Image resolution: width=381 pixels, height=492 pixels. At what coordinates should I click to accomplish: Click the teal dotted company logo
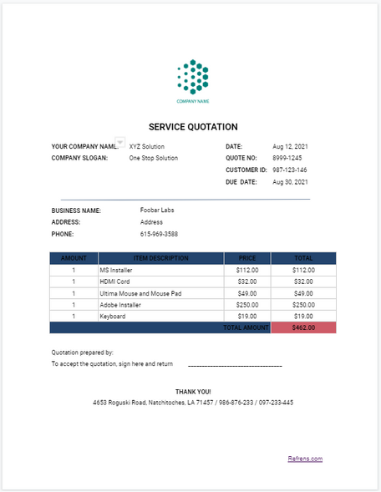[193, 77]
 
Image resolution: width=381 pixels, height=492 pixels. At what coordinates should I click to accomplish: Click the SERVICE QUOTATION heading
[193, 127]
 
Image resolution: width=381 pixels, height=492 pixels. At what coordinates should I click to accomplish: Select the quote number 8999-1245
[287, 158]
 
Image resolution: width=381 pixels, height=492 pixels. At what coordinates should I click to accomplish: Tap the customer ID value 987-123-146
[290, 170]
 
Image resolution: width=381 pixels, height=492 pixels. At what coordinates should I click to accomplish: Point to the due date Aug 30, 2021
[290, 182]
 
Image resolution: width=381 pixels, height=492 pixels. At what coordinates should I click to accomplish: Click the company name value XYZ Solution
[147, 146]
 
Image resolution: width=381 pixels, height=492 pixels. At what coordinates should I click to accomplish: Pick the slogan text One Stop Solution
[154, 158]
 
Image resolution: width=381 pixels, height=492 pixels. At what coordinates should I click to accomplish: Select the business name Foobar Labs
[157, 210]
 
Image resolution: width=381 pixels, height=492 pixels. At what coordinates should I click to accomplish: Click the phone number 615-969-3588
[159, 235]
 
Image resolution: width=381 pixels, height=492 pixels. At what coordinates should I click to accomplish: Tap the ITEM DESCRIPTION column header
[160, 258]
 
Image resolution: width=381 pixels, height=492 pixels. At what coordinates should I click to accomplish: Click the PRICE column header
[247, 258]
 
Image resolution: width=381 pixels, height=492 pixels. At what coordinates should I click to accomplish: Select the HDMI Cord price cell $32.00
[247, 282]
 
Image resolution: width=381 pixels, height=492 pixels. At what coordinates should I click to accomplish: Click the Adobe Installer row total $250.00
[303, 305]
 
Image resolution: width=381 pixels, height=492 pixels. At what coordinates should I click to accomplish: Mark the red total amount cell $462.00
[303, 328]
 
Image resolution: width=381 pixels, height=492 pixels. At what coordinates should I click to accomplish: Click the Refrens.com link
[305, 459]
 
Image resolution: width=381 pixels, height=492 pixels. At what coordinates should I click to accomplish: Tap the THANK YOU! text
[193, 391]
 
